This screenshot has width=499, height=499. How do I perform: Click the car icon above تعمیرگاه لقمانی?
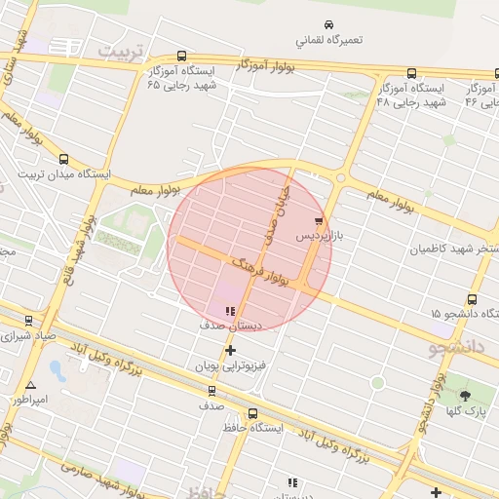click(x=328, y=24)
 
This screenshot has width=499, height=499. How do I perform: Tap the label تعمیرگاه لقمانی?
click(x=329, y=41)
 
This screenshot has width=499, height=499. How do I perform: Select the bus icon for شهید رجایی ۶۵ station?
click(x=182, y=57)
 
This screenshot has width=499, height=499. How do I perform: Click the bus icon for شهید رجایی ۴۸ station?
click(x=411, y=73)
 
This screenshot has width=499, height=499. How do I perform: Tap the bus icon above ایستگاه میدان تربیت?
click(x=64, y=159)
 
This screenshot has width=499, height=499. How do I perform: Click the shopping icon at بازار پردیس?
click(x=319, y=222)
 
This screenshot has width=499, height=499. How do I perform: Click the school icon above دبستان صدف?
click(x=230, y=311)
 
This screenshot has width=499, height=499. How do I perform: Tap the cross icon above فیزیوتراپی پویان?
click(x=231, y=351)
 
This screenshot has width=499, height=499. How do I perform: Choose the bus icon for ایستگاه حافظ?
click(x=253, y=413)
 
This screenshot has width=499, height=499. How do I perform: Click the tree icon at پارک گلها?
click(x=464, y=395)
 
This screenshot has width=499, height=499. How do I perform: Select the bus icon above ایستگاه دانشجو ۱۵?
click(x=472, y=299)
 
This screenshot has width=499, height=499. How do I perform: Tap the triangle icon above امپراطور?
click(x=31, y=386)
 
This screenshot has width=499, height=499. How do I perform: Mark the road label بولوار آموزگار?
click(x=264, y=66)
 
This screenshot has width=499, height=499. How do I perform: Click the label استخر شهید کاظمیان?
click(x=458, y=249)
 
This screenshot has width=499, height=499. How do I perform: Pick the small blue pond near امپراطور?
click(x=57, y=370)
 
